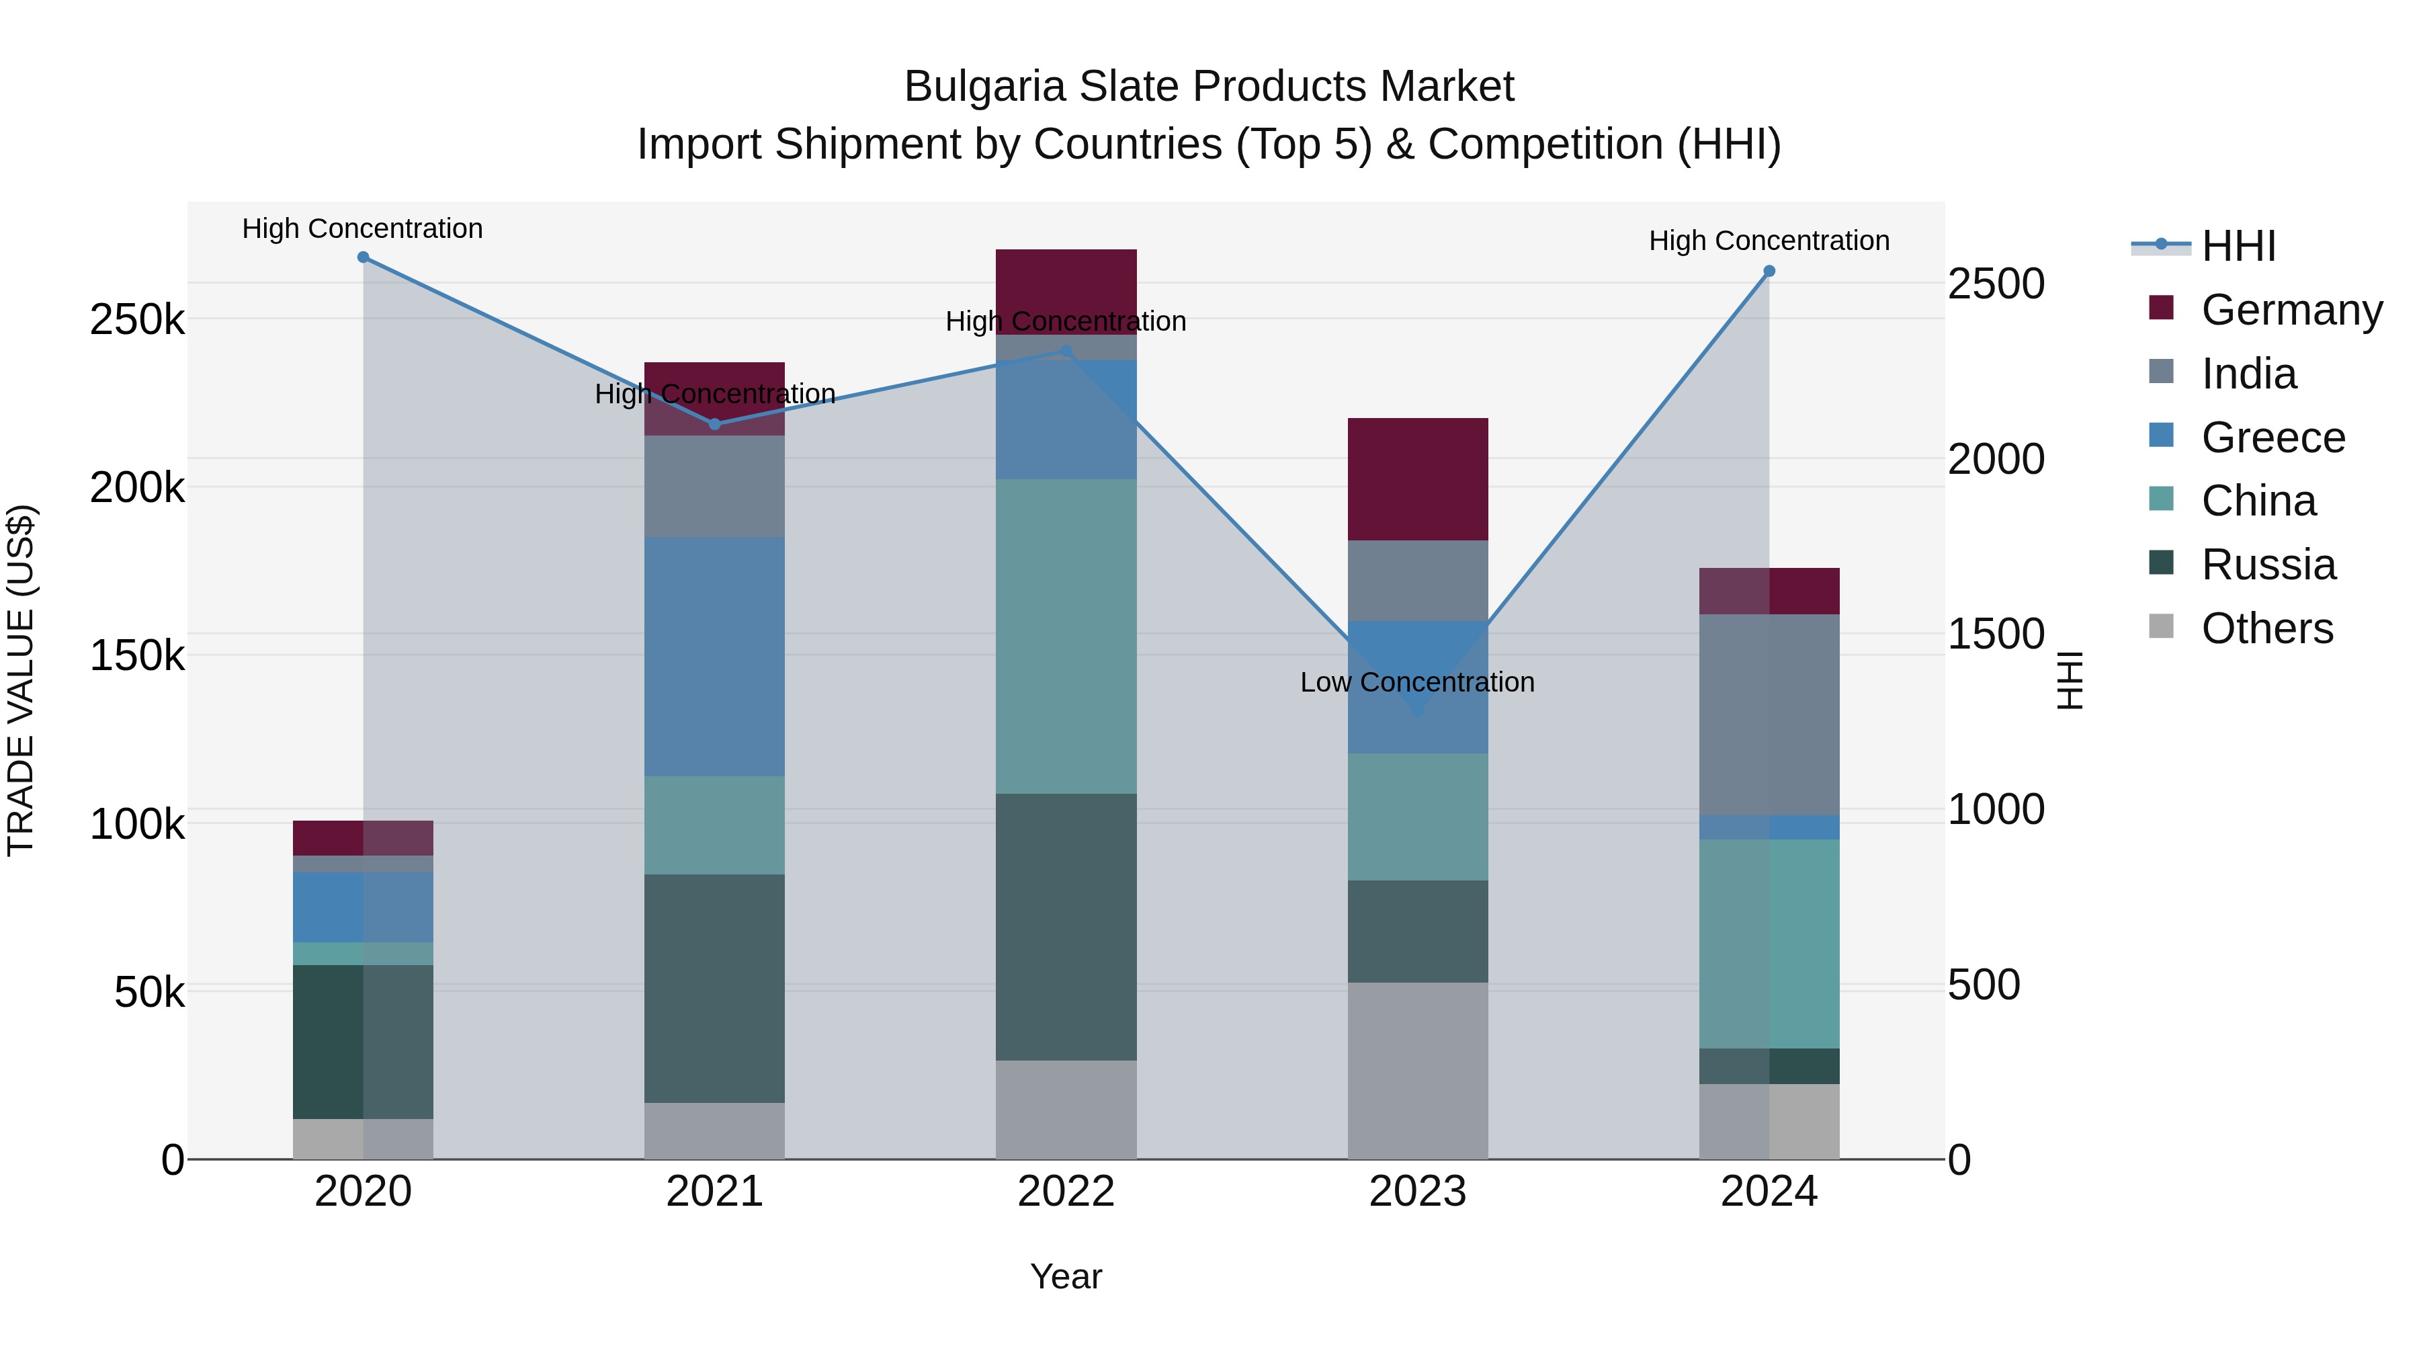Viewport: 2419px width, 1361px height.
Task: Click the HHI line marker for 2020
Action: click(x=364, y=257)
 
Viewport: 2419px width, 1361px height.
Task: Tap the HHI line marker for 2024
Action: click(x=1769, y=272)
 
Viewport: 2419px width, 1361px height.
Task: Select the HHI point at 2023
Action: click(x=1418, y=711)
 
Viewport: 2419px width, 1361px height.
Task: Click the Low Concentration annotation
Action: click(x=1417, y=683)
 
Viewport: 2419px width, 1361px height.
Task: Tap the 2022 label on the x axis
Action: click(x=1066, y=1192)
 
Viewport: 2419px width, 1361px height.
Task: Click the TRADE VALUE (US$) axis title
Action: click(x=21, y=680)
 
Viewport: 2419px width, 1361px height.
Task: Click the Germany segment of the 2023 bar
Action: click(x=1418, y=479)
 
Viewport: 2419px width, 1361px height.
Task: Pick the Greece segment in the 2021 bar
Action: click(x=715, y=657)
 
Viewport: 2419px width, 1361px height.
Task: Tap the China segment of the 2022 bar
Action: click(x=1066, y=637)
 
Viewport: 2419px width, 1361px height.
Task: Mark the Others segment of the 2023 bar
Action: click(x=1418, y=1071)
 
